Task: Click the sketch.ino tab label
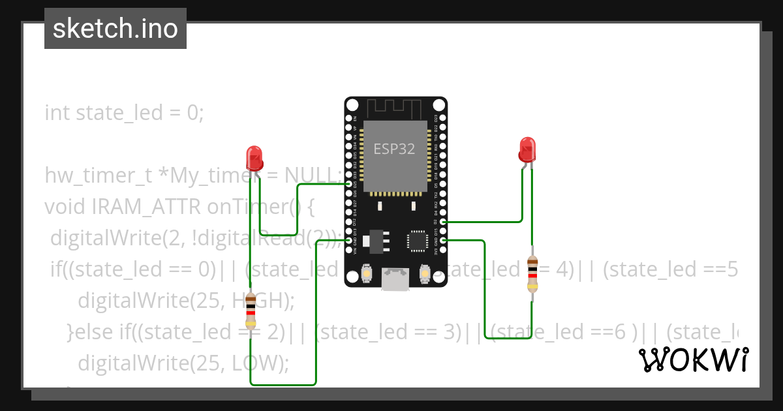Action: pyautogui.click(x=115, y=29)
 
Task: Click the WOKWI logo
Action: pyautogui.click(x=693, y=360)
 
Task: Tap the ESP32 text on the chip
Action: pyautogui.click(x=394, y=149)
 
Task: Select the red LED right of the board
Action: pyautogui.click(x=527, y=149)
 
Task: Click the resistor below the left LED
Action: pyautogui.click(x=251, y=312)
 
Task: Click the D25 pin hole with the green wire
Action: pyautogui.click(x=348, y=185)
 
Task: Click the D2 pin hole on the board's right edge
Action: pyautogui.click(x=443, y=222)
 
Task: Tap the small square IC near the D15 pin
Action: pyautogui.click(x=417, y=240)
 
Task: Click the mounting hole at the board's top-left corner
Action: pyautogui.click(x=352, y=105)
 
